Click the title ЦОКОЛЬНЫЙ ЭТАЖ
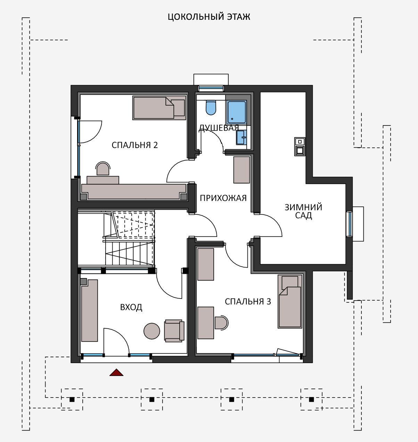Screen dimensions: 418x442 [x=209, y=17]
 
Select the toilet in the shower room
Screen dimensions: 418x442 [x=211, y=108]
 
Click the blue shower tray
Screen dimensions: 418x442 [x=237, y=112]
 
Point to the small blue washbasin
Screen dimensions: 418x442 [x=241, y=137]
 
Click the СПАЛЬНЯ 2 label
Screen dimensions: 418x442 [x=135, y=145]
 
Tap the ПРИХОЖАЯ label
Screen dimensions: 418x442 [x=223, y=198]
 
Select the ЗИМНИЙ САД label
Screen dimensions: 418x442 [x=303, y=211]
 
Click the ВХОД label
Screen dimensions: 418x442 [x=131, y=307]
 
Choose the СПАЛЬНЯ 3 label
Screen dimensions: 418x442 [x=248, y=302]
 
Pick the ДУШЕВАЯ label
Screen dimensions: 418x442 [x=219, y=128]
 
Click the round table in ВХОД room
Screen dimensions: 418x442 [x=152, y=331]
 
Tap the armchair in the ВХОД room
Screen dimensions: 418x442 [x=174, y=331]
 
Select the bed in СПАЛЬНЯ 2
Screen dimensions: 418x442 [x=159, y=108]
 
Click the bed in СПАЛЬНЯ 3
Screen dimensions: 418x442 [x=290, y=301]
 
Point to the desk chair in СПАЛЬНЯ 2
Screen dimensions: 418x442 [x=103, y=169]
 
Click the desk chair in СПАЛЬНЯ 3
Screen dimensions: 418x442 [x=221, y=322]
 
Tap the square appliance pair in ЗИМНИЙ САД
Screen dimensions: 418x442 [x=300, y=147]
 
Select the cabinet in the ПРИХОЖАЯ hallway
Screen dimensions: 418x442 [x=241, y=170]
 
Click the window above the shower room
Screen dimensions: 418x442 [x=211, y=88]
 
